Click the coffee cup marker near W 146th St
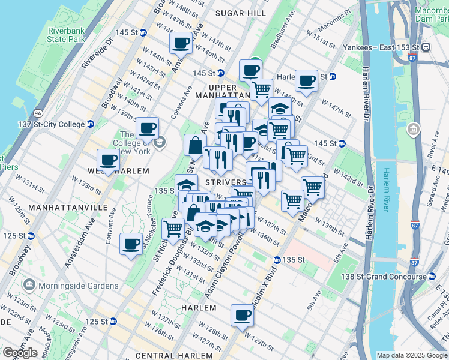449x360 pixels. tap(181, 43)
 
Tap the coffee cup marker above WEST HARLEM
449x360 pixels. tap(108, 160)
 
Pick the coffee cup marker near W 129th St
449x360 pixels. tap(242, 315)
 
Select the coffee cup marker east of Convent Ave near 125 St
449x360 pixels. tap(131, 244)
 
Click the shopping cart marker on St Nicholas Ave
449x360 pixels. tap(173, 229)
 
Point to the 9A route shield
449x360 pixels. tap(37, 112)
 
